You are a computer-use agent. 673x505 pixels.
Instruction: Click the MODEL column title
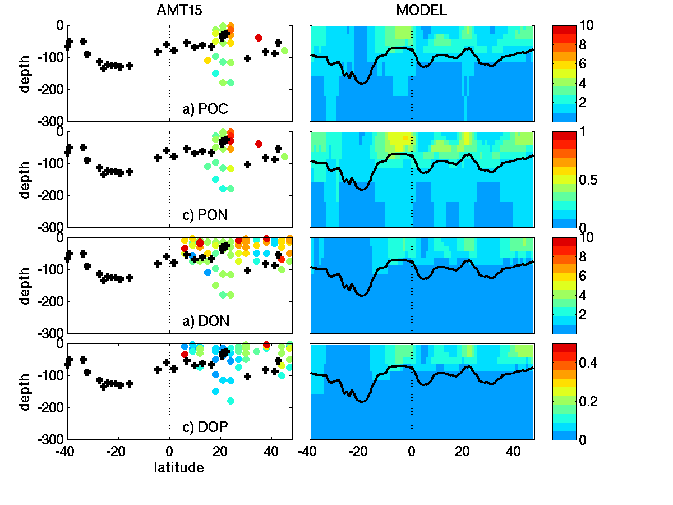pos(422,11)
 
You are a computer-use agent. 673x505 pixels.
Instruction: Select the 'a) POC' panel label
pos(205,109)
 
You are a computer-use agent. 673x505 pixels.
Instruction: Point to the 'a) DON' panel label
pos(205,321)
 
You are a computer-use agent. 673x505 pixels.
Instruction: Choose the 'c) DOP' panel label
pos(205,428)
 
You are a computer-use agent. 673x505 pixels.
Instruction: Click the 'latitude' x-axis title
pos(179,467)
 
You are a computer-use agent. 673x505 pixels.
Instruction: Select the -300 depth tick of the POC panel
pos(52,121)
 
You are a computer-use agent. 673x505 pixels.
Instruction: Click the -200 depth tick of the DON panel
pos(52,301)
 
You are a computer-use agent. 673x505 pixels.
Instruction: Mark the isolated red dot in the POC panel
pos(259,38)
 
